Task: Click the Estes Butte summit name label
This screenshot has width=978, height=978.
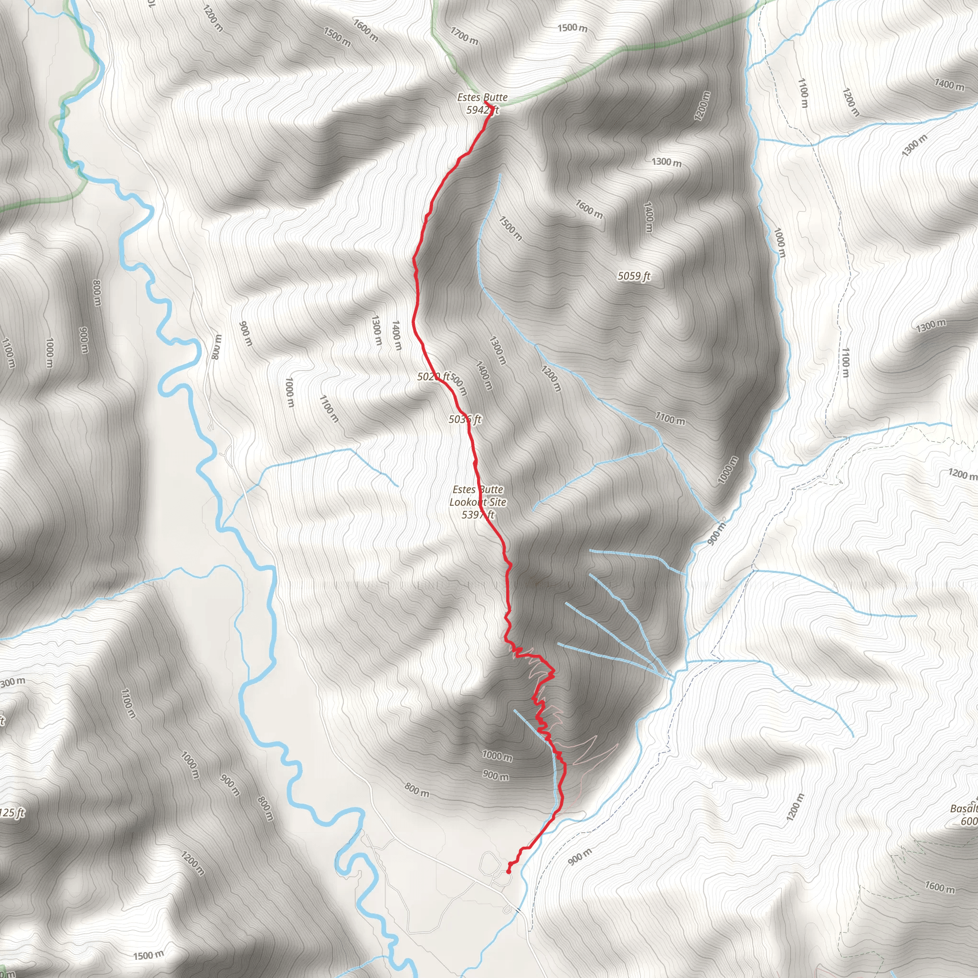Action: coord(482,97)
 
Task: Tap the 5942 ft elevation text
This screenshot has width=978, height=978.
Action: coord(482,110)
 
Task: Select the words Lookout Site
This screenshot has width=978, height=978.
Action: coord(478,502)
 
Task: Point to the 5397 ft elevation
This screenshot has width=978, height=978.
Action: coord(478,514)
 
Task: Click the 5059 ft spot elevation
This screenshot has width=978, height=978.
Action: coord(633,276)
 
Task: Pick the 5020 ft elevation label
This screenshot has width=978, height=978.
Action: coord(432,376)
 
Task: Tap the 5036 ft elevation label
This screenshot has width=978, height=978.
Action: coord(464,419)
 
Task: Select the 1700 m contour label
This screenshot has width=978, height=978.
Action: coord(464,36)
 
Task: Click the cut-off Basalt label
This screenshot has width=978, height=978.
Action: coord(965,808)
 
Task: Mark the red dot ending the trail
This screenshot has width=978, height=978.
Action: coord(508,872)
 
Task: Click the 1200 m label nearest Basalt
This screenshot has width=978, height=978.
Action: coord(795,807)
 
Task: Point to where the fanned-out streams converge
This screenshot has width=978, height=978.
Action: coord(672,675)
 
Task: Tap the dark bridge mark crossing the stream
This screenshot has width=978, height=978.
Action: coord(516,910)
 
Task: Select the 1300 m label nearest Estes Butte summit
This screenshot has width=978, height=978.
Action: coord(666,162)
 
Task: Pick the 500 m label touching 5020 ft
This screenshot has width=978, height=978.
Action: coord(458,384)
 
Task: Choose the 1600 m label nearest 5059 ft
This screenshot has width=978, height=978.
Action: coord(589,209)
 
